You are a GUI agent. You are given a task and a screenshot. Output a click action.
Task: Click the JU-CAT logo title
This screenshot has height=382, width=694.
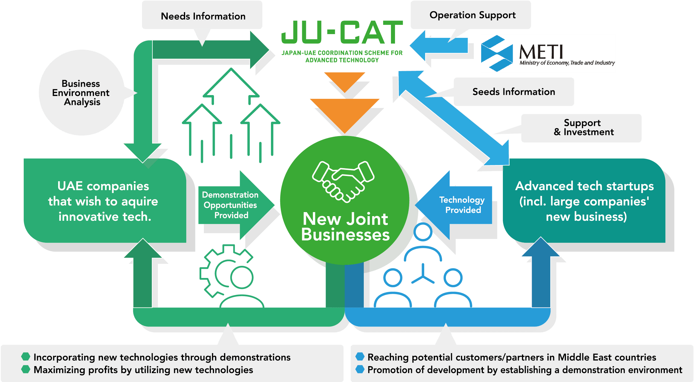coord(342,32)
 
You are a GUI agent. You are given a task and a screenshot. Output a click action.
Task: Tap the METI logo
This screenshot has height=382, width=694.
coord(548,53)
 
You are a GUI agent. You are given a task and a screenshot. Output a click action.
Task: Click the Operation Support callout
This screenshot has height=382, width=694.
coord(472,15)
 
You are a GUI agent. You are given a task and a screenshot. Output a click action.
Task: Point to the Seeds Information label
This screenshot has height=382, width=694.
coord(514,92)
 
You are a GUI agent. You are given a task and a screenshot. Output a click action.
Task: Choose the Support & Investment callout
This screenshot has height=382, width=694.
coord(583,127)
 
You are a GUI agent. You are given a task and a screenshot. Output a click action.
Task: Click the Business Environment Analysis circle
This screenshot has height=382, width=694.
coord(81,92)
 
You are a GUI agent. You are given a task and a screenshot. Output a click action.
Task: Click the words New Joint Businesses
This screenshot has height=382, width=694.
coord(345,227)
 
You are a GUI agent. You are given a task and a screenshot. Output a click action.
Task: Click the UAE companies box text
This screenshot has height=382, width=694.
coord(103,201)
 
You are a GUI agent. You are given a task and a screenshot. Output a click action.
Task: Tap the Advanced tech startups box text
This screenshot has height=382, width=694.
coord(585,201)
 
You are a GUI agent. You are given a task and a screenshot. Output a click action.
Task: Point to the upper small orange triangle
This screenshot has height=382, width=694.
coord(345,80)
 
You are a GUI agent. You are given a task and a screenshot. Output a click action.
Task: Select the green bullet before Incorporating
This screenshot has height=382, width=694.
coord(26,357)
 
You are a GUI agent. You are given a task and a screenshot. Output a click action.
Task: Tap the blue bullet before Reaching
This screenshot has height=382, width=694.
coord(360,357)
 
